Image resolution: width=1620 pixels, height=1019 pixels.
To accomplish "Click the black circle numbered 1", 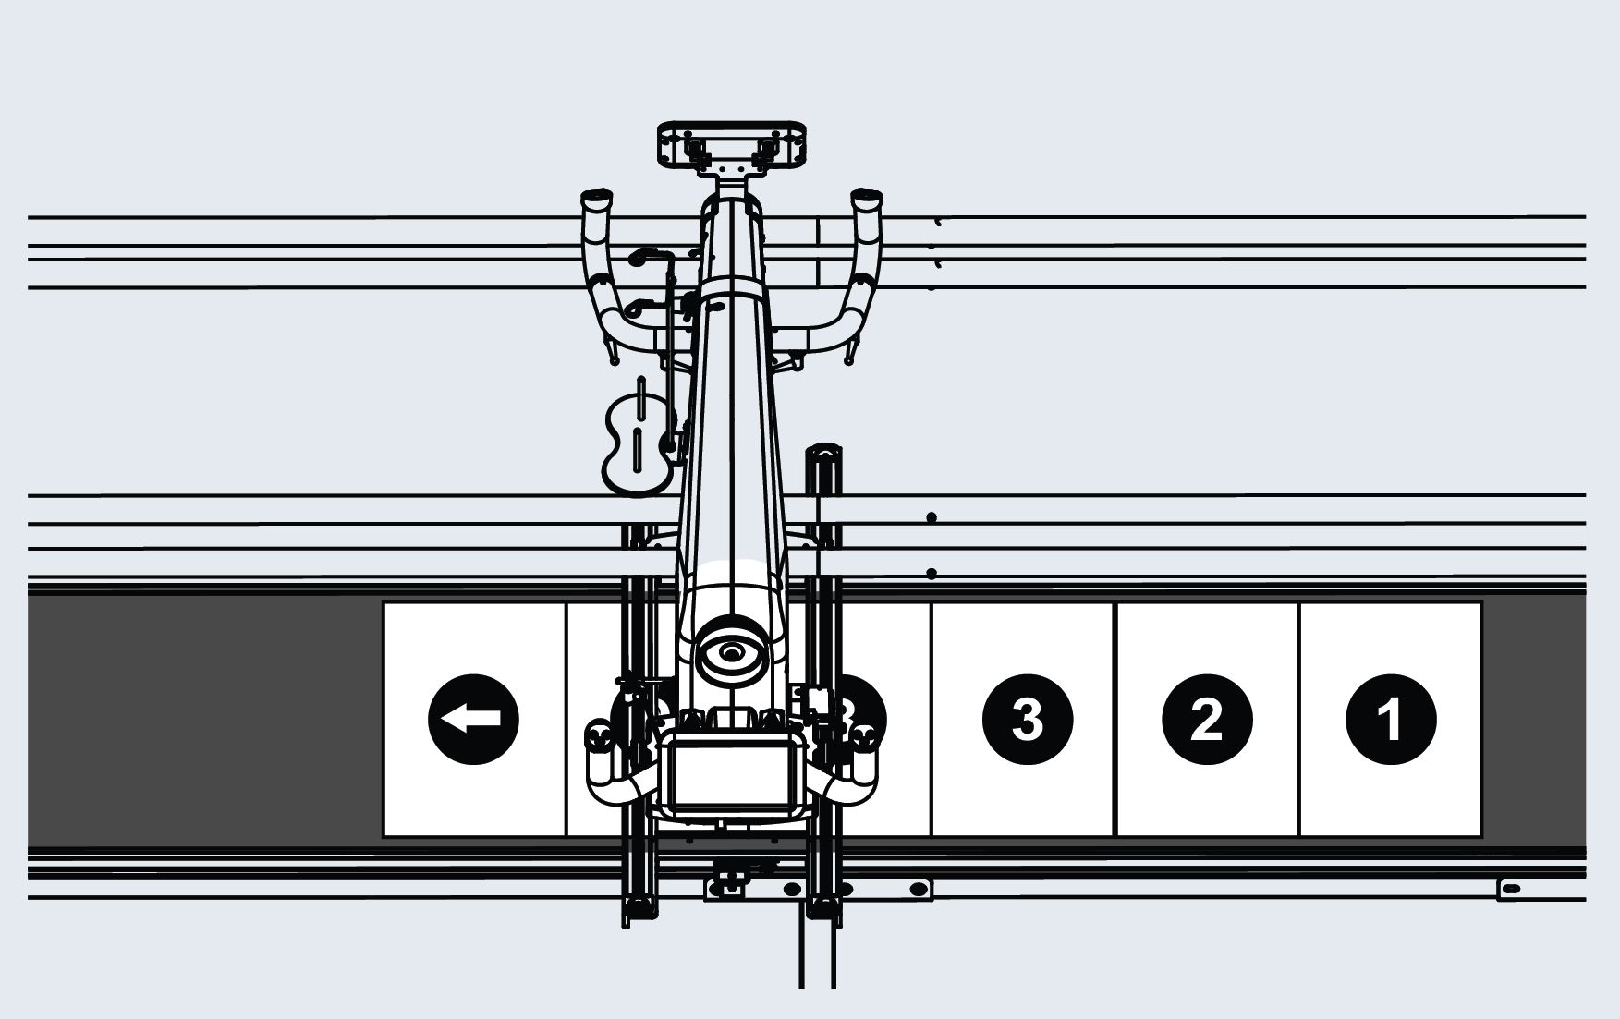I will tap(1391, 720).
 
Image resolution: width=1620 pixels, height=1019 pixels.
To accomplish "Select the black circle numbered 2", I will tap(1207, 720).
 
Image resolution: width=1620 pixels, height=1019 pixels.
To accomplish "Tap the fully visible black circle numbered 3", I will tap(1027, 720).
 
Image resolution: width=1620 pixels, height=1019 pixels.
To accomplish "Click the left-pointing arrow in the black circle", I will tap(473, 719).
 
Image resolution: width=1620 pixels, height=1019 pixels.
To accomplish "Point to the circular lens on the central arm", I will tap(732, 652).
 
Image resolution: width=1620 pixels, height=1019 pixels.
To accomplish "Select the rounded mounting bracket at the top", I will tap(731, 145).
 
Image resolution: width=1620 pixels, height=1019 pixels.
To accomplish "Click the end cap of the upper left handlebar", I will tap(596, 199).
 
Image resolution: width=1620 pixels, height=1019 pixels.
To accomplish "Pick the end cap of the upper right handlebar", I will tap(867, 199).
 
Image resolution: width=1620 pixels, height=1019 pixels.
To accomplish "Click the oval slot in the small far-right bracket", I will tap(1511, 889).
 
